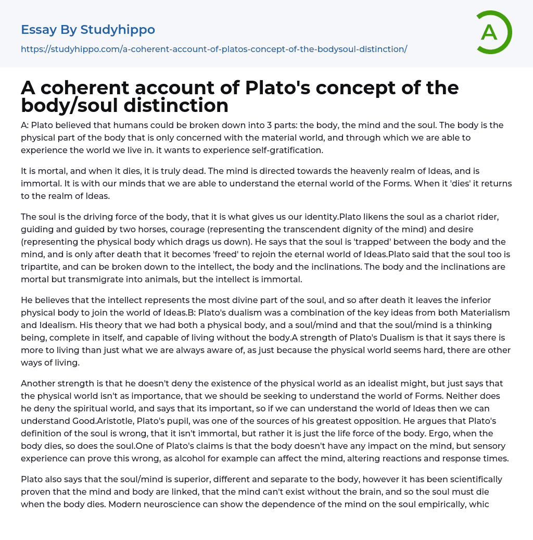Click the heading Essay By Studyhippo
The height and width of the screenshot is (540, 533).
88,30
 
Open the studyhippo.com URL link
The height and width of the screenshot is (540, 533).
214,49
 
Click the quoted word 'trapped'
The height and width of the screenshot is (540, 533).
324,242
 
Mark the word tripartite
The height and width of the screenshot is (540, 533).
42,267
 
